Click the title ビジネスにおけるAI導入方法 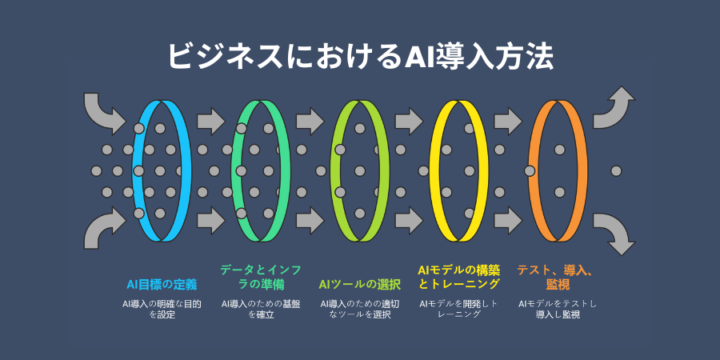tap(360, 57)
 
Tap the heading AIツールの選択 tap(360, 284)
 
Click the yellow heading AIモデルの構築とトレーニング tap(459, 277)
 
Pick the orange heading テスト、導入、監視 tap(554, 277)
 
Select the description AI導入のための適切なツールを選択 tap(360, 310)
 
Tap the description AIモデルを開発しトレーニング tap(459, 310)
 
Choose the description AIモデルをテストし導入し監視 tap(558, 310)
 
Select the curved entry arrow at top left tap(103, 111)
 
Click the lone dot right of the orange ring tap(616, 170)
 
